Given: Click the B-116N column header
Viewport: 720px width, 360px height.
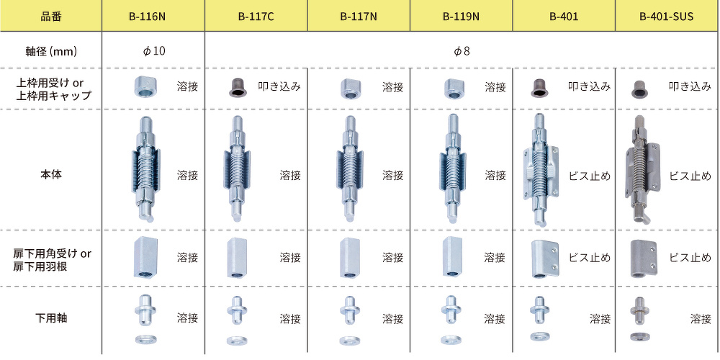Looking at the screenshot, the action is (x=153, y=17).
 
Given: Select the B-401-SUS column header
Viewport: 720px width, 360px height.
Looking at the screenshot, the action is (x=666, y=17).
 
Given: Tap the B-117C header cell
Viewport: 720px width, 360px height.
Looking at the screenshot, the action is (x=256, y=17).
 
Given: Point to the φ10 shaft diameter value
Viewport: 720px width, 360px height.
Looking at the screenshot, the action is (x=153, y=50).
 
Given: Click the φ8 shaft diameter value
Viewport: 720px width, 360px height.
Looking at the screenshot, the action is (x=462, y=50).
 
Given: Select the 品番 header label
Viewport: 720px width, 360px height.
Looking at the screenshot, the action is (x=50, y=17).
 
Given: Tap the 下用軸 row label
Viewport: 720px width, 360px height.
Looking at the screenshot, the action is (x=50, y=318).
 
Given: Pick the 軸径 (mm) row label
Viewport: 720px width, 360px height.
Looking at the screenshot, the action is (x=50, y=51).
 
